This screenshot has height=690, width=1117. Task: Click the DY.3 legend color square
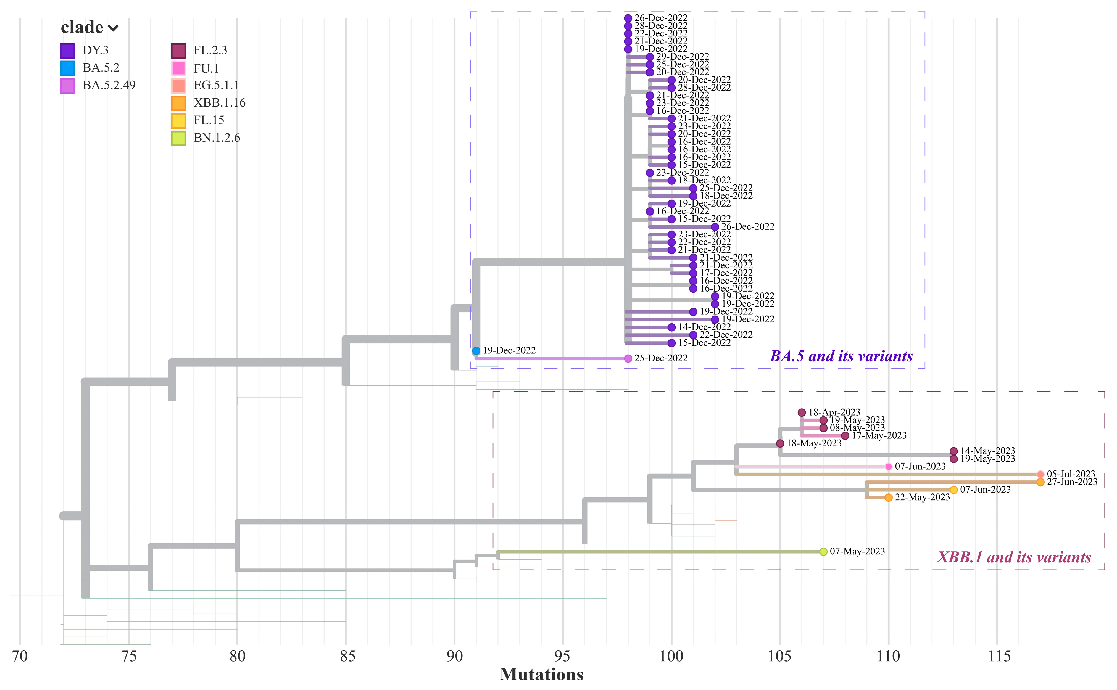(x=68, y=51)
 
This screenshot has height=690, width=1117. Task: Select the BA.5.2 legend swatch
(x=68, y=68)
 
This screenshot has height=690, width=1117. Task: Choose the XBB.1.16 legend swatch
(x=178, y=103)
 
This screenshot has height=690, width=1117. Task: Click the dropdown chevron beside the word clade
(x=113, y=28)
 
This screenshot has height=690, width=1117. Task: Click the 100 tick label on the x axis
(x=671, y=656)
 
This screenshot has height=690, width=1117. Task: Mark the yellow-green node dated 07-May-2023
(x=823, y=552)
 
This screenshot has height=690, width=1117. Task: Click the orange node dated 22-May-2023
(x=888, y=498)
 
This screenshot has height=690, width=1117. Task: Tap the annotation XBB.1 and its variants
(x=1014, y=557)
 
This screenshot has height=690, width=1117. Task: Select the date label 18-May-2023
(x=814, y=443)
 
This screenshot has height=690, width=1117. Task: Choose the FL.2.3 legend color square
(x=178, y=51)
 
